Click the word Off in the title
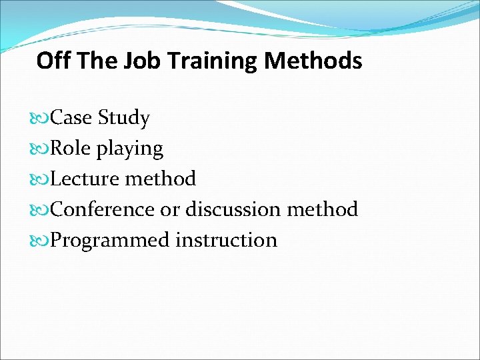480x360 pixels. [53, 61]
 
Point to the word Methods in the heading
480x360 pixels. [313, 61]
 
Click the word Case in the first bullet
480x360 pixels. [72, 118]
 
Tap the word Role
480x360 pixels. [71, 149]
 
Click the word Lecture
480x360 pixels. [84, 179]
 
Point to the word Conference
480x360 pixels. [103, 209]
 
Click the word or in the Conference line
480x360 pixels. [170, 210]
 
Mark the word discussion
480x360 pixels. [233, 209]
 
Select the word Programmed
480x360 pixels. [110, 241]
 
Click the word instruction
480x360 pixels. [227, 240]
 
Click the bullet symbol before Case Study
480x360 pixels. [41, 119]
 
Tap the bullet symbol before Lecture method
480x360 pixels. [41, 179]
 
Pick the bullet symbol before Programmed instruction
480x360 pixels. [41, 241]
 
